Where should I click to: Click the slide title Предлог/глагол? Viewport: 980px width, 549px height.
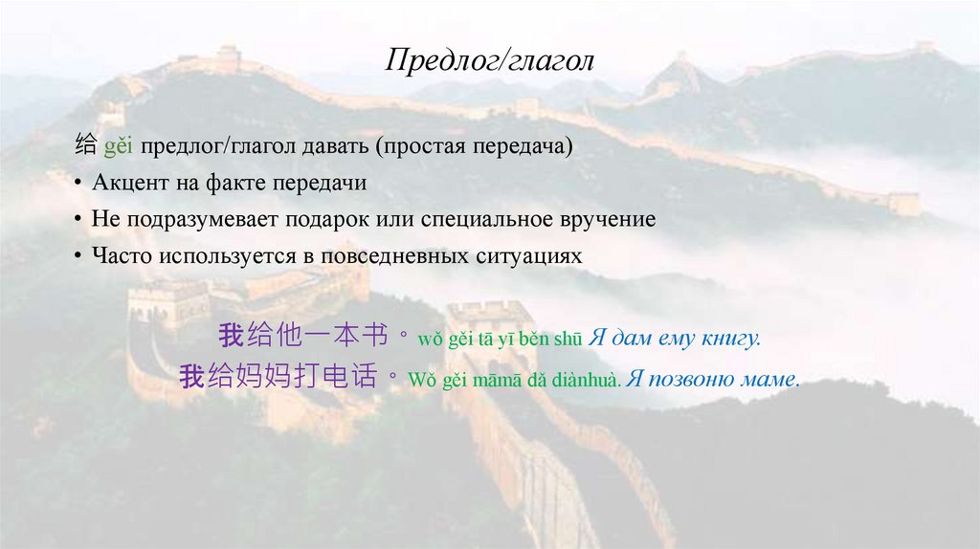click(490, 62)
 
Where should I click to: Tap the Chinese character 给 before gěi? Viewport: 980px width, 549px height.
click(85, 147)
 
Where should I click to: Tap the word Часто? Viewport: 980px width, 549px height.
click(122, 255)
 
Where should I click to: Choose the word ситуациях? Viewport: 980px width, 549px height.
click(528, 255)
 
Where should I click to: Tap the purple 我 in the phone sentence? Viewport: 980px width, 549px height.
click(191, 377)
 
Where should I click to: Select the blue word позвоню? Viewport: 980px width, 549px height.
click(695, 380)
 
